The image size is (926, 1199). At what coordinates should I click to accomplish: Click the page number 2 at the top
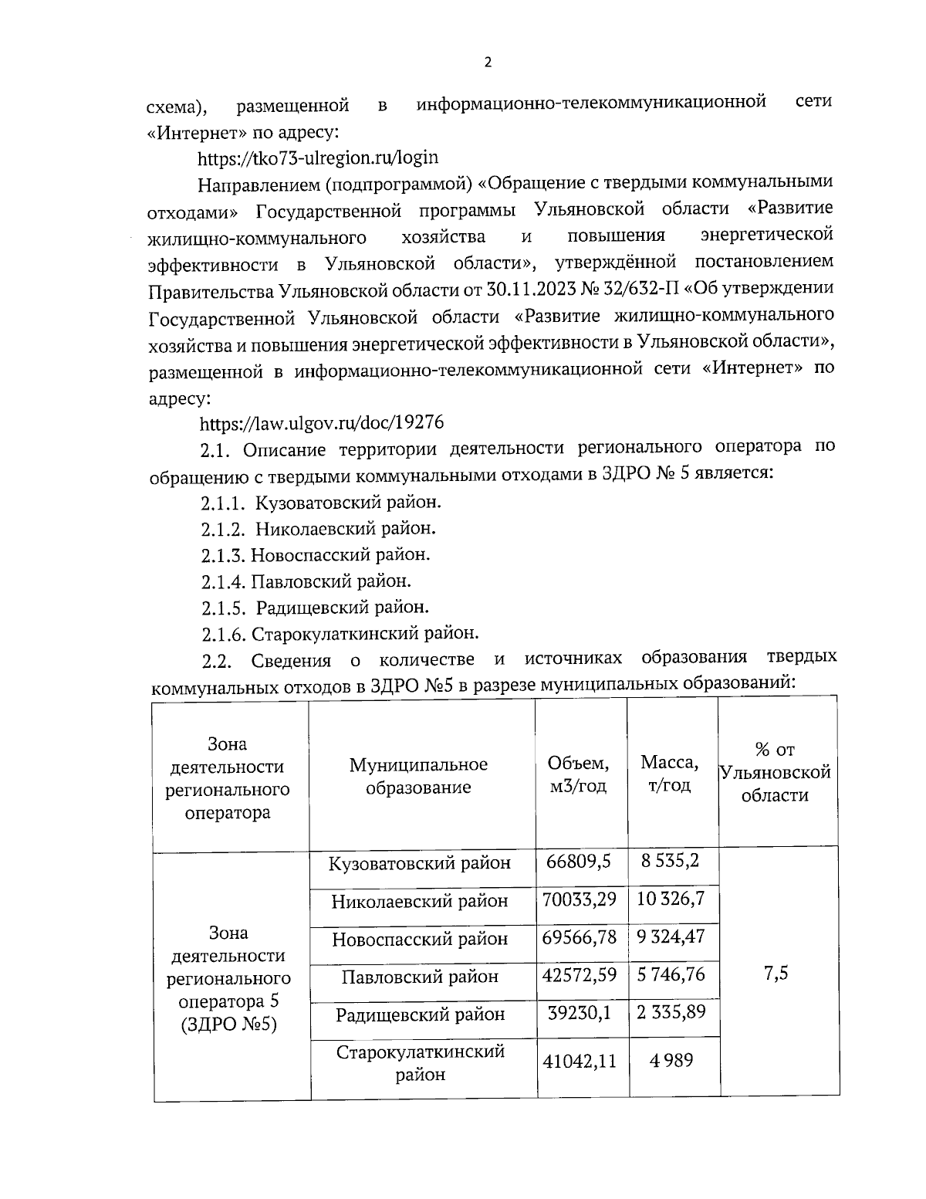coord(487,63)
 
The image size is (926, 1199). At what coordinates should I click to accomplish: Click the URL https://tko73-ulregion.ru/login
coord(318,158)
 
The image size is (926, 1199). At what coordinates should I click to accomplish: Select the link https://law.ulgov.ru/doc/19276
coord(321,423)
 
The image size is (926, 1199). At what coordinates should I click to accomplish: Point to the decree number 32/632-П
coord(647,290)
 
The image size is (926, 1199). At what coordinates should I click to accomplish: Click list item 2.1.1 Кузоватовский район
coord(321,503)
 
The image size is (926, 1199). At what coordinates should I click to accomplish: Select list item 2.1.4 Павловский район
coord(306,581)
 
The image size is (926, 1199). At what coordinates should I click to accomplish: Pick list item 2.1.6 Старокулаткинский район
coord(340,634)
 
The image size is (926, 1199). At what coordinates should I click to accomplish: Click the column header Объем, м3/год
coord(579,774)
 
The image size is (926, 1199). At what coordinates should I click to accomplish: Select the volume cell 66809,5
coord(579,861)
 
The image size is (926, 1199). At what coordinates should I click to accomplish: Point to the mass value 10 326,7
coord(671,899)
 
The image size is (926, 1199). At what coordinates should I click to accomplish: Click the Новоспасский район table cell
coord(420,939)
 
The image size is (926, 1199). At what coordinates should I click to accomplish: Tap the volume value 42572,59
coord(579,975)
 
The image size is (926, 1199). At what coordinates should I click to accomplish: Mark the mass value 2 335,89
coord(671,1012)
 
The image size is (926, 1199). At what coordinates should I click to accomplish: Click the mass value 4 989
coord(671,1060)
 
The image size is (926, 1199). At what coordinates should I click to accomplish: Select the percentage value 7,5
coord(776,974)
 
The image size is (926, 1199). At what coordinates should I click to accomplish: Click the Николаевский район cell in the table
coord(420,901)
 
